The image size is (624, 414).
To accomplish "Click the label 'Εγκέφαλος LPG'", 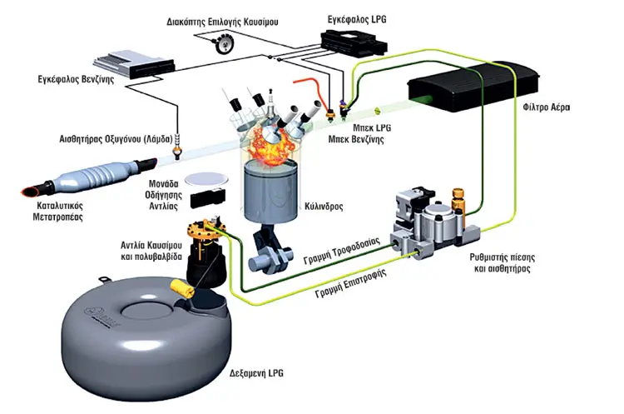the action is (357, 19).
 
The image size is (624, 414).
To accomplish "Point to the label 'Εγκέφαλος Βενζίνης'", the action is (76, 79).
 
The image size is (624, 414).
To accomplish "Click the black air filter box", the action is (473, 86).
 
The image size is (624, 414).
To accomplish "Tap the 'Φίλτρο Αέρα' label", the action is (547, 107).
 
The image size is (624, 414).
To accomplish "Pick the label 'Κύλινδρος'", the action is (324, 207).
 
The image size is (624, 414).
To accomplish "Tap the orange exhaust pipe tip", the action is (31, 192).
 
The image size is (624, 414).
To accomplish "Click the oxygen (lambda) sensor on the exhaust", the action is (177, 146).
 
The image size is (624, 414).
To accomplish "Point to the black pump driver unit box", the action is (208, 198).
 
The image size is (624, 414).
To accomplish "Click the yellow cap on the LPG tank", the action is (182, 288).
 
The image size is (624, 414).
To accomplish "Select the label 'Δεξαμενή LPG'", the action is (256, 373).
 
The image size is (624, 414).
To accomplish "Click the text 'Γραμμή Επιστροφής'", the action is (351, 283).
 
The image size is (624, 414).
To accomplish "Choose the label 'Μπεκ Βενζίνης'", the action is (356, 139).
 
